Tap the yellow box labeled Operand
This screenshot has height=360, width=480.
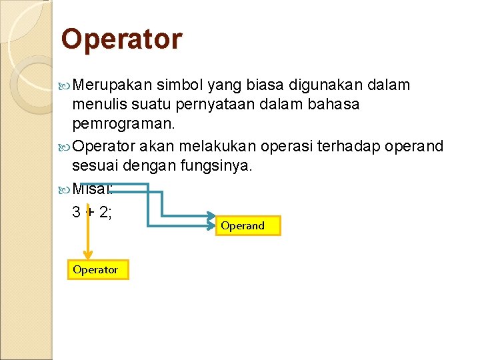[x=248, y=226]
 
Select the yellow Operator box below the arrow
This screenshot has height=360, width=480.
[x=97, y=269]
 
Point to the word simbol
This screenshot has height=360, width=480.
[x=181, y=85]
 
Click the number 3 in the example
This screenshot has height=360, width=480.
[x=77, y=213]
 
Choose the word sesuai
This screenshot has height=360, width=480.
[x=93, y=165]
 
